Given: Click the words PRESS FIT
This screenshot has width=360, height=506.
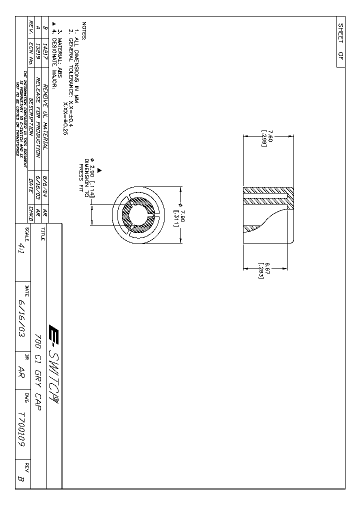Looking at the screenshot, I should click(81, 175).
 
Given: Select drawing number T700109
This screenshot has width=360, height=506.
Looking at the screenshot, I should click(21, 429).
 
